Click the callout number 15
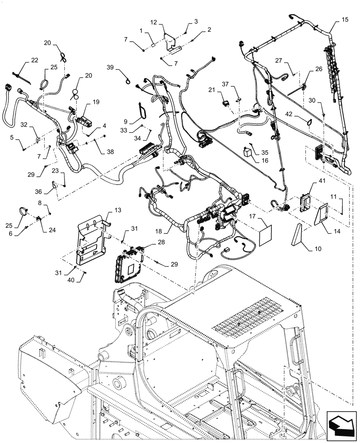(x=345, y=19)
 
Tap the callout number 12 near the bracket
(x=154, y=22)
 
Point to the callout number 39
(x=110, y=67)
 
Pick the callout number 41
(x=321, y=181)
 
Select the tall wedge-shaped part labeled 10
(x=298, y=235)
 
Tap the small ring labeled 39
(x=128, y=81)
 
